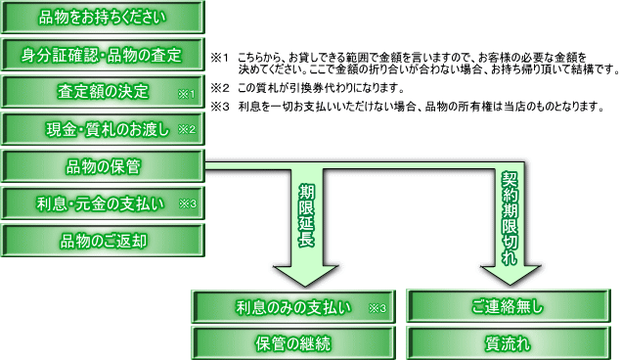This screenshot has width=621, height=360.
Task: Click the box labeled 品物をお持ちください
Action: point(103,18)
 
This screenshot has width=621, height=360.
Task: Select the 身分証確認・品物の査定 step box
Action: point(103,55)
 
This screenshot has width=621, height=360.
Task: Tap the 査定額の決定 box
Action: point(103,92)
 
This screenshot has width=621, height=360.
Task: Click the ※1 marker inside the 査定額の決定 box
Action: point(186,94)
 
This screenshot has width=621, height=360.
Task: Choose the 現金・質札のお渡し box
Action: point(103,129)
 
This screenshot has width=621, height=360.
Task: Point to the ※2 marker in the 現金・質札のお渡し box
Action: point(187,129)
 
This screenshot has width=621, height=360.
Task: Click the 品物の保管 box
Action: point(103,166)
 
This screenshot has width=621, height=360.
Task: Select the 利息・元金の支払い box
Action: point(103,203)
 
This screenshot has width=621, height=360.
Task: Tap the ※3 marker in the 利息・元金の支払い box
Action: point(188,203)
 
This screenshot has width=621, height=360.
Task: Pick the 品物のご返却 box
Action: point(103,241)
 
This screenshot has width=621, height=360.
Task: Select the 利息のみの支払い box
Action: point(293,307)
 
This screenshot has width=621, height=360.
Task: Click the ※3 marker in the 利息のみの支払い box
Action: point(377,308)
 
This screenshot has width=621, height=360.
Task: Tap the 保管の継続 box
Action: point(293,343)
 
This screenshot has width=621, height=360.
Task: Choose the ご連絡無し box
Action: point(509,306)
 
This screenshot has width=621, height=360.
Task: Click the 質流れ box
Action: point(509,343)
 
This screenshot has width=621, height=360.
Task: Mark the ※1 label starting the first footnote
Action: point(220,58)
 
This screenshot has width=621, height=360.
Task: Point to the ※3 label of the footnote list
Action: point(220,107)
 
